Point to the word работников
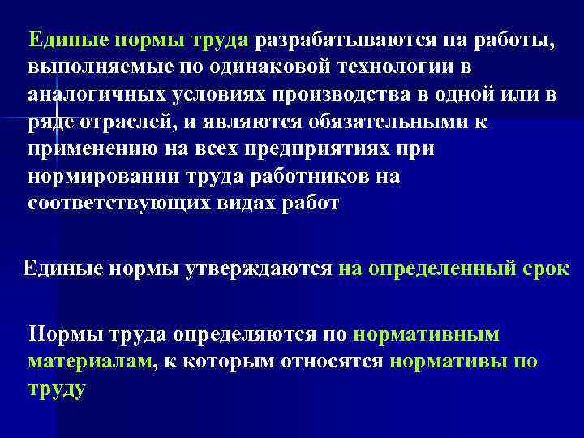tap(297, 176)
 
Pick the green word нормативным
tap(438, 333)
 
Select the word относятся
tap(331, 361)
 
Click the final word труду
tap(56, 389)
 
